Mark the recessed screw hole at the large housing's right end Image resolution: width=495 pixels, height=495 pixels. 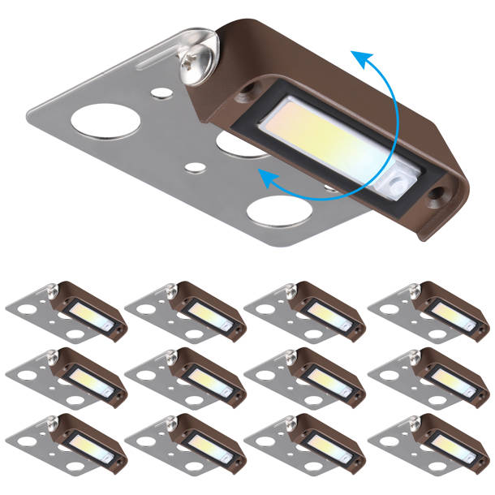pos(438,195)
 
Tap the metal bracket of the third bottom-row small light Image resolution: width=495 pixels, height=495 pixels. pos(268,444)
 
